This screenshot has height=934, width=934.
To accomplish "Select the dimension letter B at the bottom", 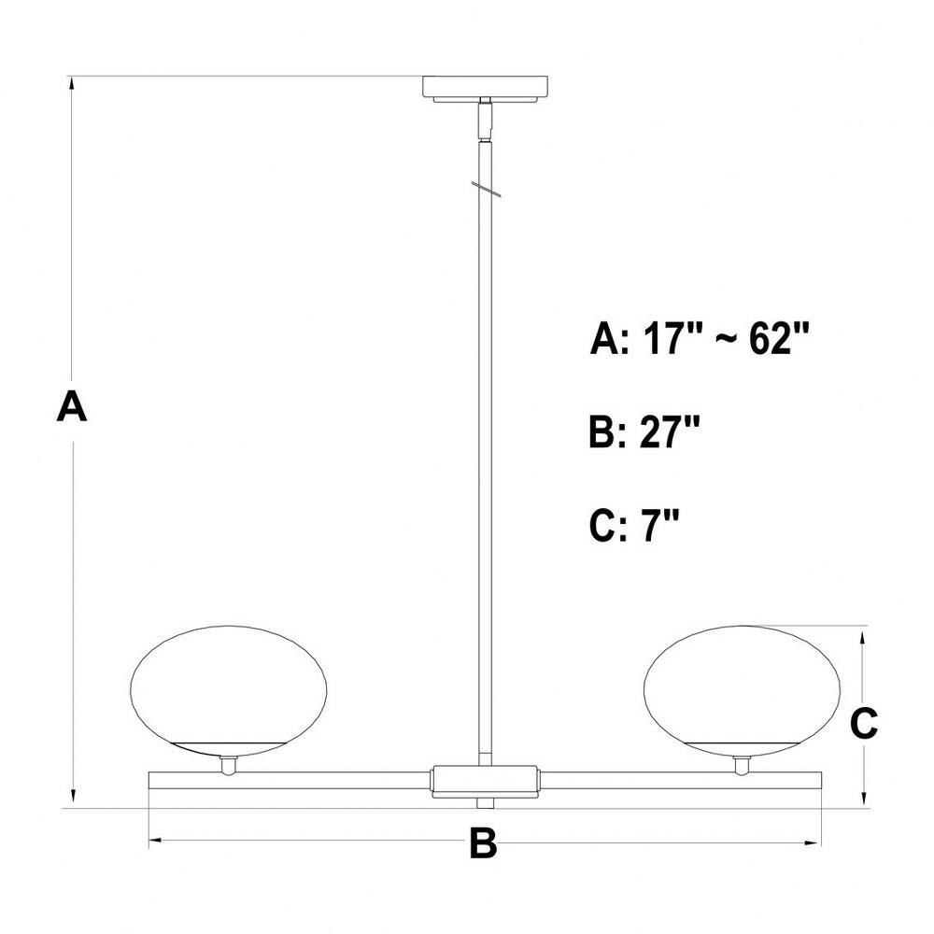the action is tap(483, 842).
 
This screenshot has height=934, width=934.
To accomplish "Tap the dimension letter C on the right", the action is tap(863, 723).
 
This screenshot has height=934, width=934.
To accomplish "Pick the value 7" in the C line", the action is tap(660, 525).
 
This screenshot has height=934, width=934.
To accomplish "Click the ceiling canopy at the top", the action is tap(485, 88).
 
